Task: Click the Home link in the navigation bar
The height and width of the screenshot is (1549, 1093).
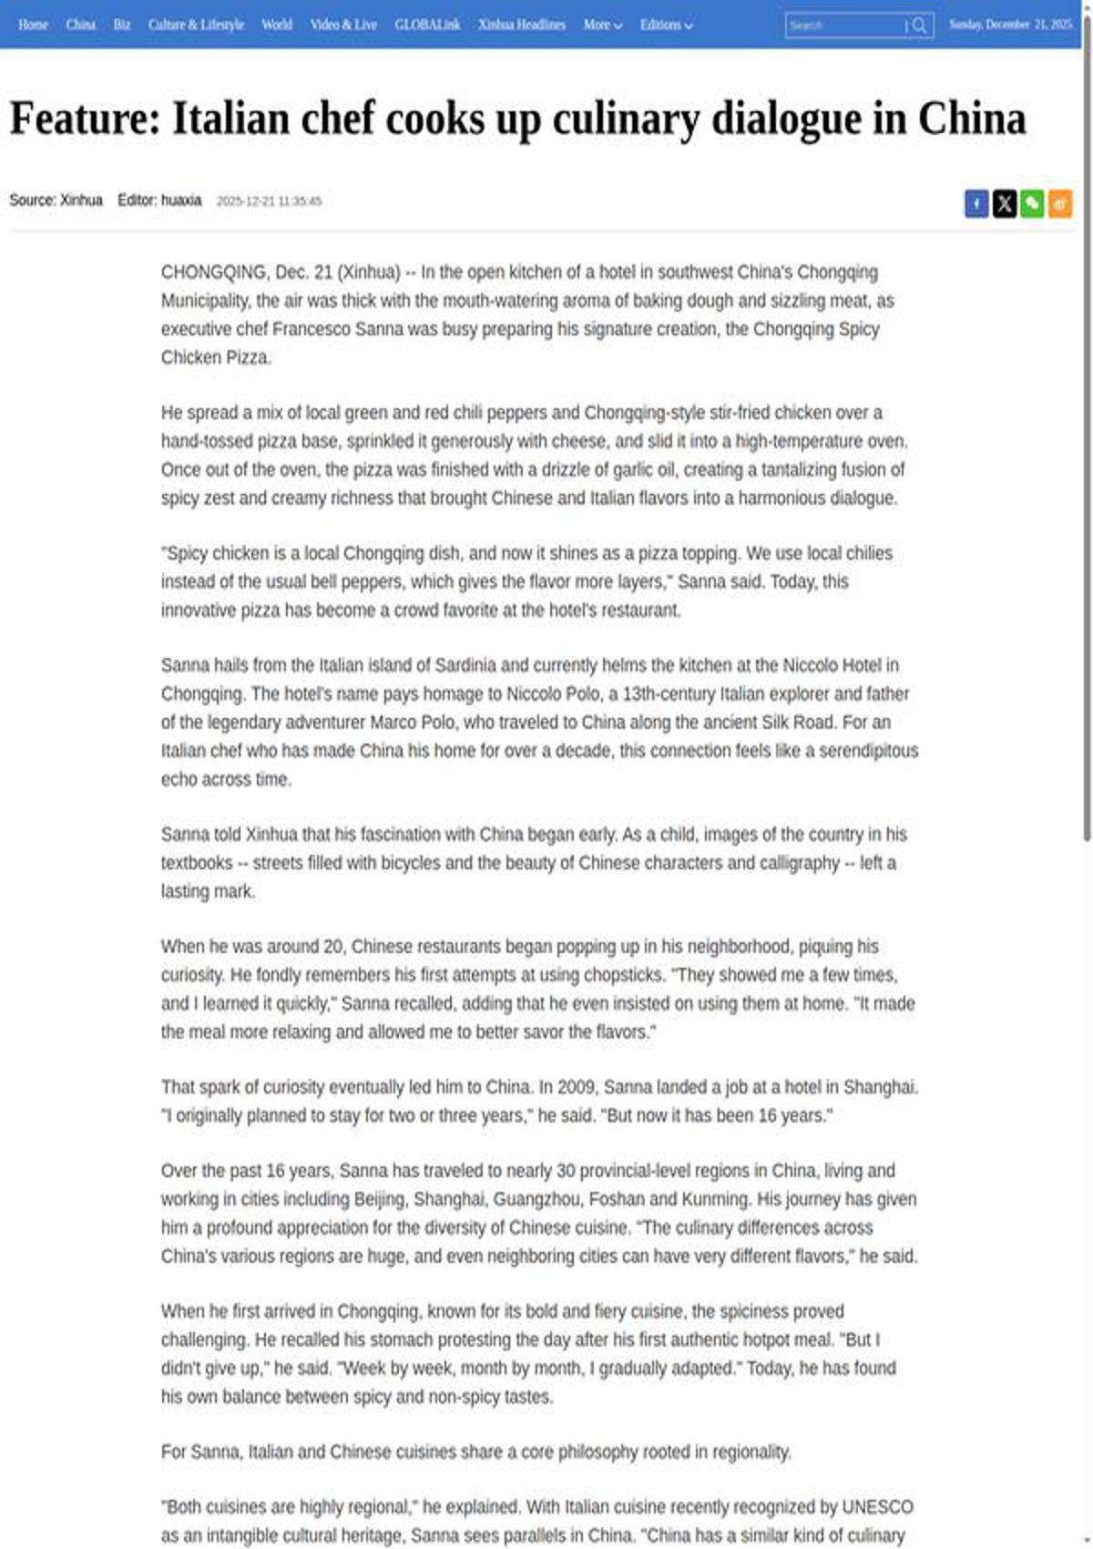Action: [33, 25]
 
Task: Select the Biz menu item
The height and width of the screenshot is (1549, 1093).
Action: [122, 25]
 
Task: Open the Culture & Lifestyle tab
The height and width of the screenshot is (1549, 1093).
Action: [196, 25]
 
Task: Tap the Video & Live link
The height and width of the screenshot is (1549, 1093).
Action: [343, 25]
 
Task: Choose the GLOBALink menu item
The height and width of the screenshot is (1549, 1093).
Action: [427, 25]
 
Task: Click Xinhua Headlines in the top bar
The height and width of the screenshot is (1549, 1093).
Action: [522, 25]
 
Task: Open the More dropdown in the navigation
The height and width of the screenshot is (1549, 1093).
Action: [602, 25]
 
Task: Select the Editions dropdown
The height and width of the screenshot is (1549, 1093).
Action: [666, 25]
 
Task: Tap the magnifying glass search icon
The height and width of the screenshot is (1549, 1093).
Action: [920, 26]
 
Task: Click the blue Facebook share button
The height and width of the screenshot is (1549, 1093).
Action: [976, 203]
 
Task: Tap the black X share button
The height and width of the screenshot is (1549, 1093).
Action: [1004, 203]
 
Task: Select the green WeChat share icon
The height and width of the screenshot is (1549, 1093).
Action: [1032, 203]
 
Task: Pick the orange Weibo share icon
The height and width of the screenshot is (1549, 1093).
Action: [1059, 203]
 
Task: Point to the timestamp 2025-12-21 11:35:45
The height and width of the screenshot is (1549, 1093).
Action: [269, 201]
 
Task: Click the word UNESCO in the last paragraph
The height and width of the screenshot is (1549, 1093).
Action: [877, 1507]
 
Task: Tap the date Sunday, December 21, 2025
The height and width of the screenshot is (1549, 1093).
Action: [1010, 25]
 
